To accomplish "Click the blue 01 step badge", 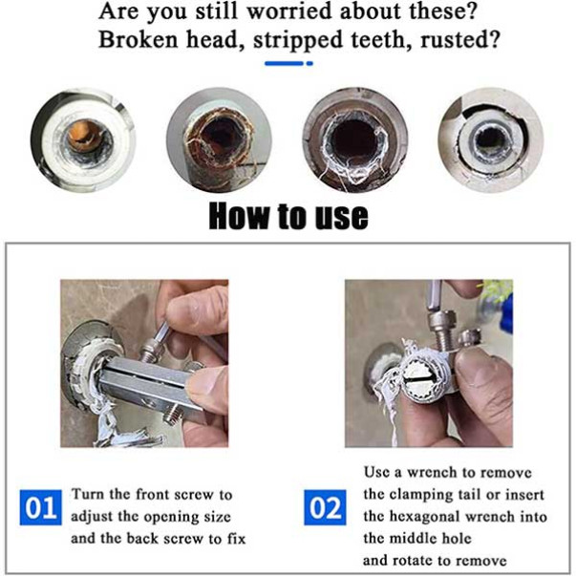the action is pyautogui.click(x=40, y=507).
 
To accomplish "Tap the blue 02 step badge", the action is pyautogui.click(x=325, y=507).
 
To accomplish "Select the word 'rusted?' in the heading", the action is pyautogui.click(x=460, y=39).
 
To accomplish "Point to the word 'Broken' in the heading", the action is pyautogui.click(x=139, y=39).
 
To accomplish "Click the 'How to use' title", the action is pyautogui.click(x=288, y=216).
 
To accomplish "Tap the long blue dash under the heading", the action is pyautogui.click(x=284, y=64).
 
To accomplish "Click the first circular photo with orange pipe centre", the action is pyautogui.click(x=83, y=140).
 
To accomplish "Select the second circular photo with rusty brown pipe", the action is pyautogui.click(x=220, y=140).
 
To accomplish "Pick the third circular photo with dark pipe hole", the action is pyautogui.click(x=355, y=140).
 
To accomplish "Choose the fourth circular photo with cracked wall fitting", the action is pyautogui.click(x=491, y=140).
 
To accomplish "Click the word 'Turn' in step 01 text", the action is pyautogui.click(x=88, y=494).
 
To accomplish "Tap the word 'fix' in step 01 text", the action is pyautogui.click(x=236, y=539).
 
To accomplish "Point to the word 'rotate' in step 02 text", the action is pyautogui.click(x=416, y=561).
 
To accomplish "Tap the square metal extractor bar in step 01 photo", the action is pyautogui.click(x=147, y=382).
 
